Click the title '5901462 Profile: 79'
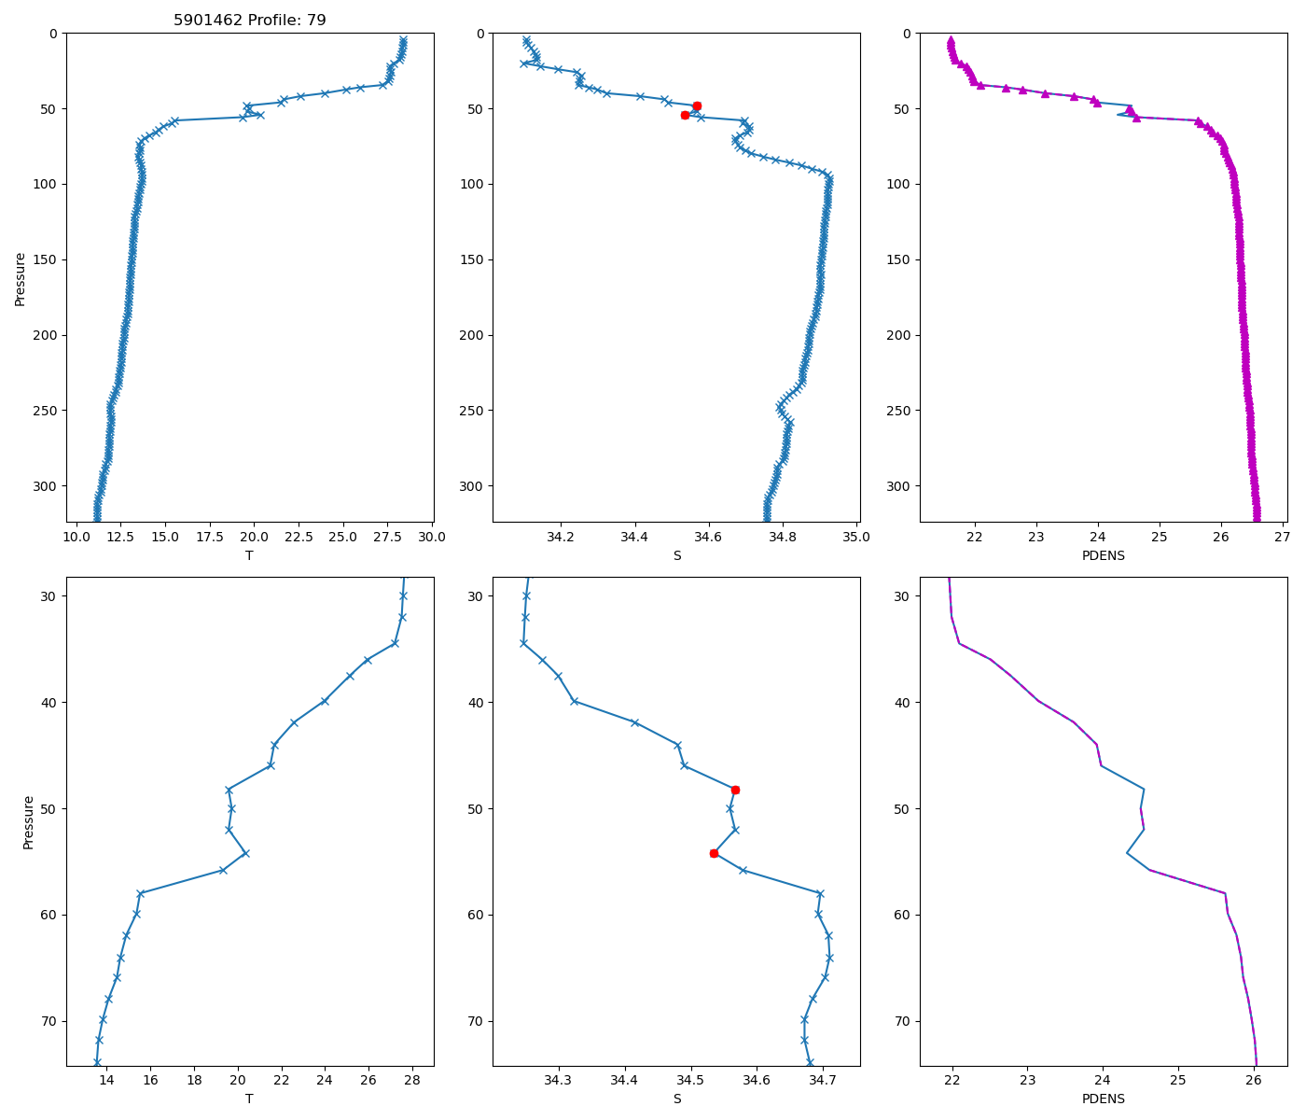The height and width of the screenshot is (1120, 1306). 249,20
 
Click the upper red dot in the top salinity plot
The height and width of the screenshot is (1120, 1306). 697,106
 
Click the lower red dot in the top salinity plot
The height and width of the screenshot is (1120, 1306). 685,115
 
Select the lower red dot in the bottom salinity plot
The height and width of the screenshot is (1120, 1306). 714,853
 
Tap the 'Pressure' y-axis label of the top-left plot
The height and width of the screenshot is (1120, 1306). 20,278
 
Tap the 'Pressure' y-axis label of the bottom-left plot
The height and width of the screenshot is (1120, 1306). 28,821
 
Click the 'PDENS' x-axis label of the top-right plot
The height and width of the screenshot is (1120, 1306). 1103,555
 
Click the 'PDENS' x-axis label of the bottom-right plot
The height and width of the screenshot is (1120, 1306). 1103,1099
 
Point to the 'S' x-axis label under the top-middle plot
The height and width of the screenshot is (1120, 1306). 676,555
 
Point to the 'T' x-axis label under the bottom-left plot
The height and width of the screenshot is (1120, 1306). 249,1099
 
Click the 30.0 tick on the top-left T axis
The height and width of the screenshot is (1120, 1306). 432,537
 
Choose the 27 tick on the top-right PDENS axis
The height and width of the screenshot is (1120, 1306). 1282,537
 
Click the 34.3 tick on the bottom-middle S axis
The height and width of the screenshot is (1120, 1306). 559,1080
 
